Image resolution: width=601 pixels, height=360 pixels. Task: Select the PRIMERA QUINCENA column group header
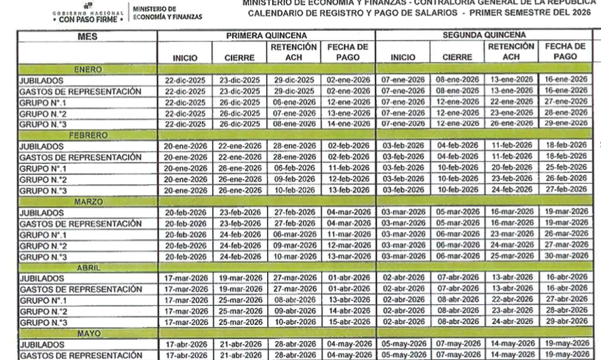(266, 34)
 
